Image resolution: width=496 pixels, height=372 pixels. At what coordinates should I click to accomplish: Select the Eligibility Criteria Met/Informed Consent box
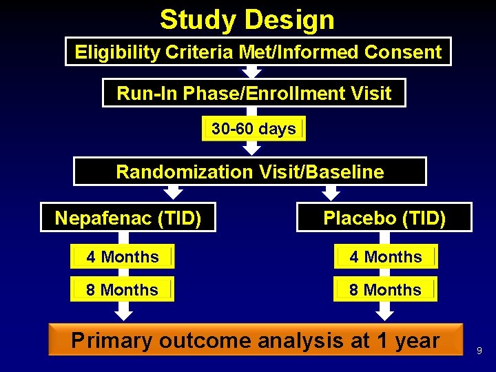[258, 52]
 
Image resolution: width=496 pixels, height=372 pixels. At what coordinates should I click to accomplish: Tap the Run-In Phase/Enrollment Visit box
[254, 93]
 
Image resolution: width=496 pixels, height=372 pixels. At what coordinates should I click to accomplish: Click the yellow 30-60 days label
[253, 129]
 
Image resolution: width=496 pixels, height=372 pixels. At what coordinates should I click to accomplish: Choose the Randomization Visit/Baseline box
[249, 172]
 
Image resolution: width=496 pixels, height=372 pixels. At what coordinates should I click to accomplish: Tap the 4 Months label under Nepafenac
[123, 257]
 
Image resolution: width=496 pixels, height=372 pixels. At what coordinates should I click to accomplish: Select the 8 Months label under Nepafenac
[123, 290]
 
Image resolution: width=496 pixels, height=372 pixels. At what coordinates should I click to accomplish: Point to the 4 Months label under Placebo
[385, 257]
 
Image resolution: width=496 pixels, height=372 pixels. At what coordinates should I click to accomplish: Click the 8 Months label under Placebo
[385, 290]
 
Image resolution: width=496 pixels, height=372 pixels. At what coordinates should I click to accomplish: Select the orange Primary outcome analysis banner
[255, 340]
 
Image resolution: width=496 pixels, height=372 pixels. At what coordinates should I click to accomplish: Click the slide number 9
[479, 351]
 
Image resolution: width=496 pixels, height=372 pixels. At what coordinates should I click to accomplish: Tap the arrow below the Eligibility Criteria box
[253, 72]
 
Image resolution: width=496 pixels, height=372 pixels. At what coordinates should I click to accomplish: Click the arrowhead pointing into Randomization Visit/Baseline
[253, 149]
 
